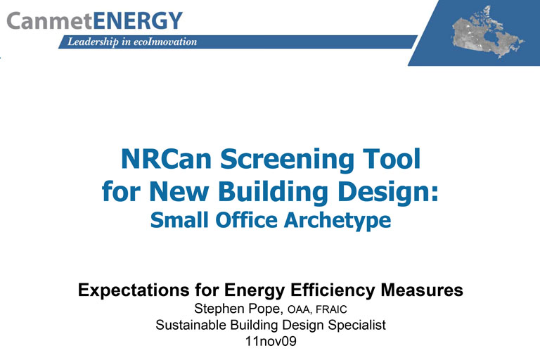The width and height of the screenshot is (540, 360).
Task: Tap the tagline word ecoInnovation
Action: pos(162,42)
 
